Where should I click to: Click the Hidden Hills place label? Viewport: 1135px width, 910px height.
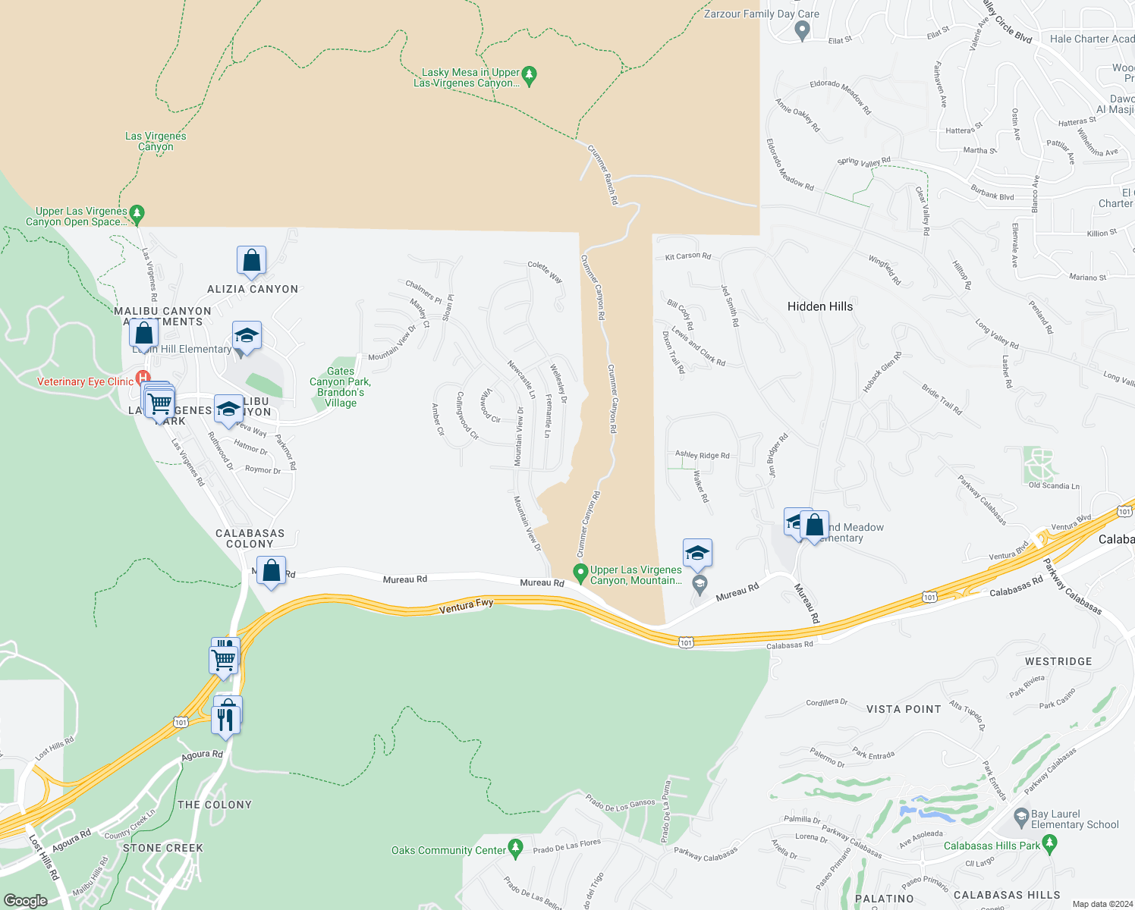click(x=819, y=306)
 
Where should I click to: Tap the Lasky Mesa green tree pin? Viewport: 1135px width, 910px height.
click(x=530, y=74)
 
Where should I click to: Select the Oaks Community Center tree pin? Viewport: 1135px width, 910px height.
click(x=516, y=848)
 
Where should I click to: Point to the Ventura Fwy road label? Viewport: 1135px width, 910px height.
click(x=466, y=605)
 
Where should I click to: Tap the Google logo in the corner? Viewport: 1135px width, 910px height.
click(x=25, y=900)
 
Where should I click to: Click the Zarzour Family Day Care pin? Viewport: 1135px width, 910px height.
click(x=802, y=30)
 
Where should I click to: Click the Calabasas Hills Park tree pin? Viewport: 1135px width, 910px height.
click(x=1050, y=843)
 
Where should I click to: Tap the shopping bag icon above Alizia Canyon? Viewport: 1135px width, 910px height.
click(x=251, y=261)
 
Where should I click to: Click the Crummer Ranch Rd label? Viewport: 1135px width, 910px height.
click(x=603, y=175)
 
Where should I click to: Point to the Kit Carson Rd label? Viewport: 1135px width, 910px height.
click(x=688, y=256)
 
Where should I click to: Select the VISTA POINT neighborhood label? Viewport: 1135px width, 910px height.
click(x=904, y=709)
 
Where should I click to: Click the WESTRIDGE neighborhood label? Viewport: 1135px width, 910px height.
click(x=1058, y=661)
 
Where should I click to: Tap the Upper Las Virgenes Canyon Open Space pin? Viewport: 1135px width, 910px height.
click(x=137, y=214)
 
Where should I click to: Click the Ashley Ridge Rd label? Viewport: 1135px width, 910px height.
click(x=702, y=455)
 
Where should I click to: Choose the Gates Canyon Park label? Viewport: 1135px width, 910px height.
click(x=341, y=387)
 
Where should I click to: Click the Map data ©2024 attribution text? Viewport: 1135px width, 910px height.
click(x=1102, y=903)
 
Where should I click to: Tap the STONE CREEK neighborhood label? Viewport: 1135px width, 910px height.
click(x=162, y=848)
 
